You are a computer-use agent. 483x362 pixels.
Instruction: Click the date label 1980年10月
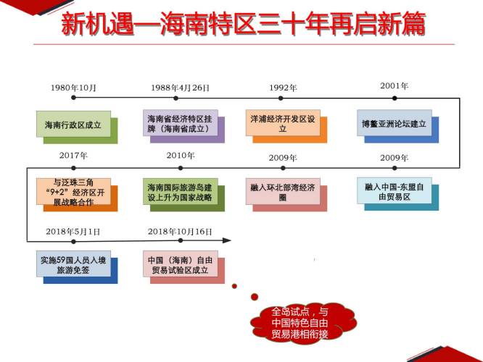coord(73,88)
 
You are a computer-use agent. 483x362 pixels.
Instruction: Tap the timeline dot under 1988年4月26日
coord(176,98)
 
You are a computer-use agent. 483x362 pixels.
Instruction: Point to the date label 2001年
coord(395,86)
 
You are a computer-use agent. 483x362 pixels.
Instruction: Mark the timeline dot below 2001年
coord(395,98)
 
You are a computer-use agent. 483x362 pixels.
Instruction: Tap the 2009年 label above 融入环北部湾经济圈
coord(283,158)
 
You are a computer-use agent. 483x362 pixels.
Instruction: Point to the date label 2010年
coord(181,156)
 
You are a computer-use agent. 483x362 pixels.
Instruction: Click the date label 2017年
coord(73,156)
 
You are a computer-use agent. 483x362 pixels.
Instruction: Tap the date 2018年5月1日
coord(73,232)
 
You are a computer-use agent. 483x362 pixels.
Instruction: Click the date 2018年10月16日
coord(180,232)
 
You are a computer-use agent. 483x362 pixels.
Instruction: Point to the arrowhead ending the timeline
coord(227,240)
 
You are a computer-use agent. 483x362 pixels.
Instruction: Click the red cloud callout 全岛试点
coord(303,323)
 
